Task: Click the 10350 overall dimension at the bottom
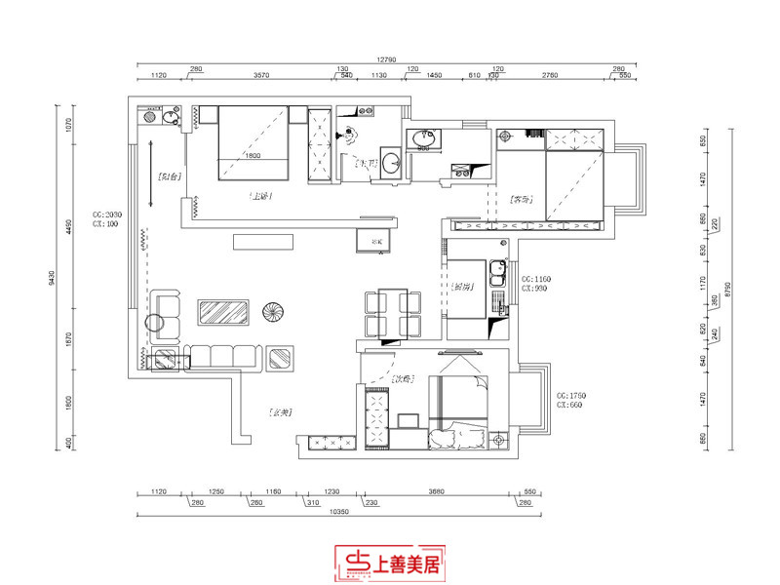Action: (x=339, y=510)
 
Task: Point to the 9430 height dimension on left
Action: (x=52, y=279)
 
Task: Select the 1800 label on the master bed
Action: (x=253, y=156)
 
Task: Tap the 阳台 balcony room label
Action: (x=169, y=176)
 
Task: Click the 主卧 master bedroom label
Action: (x=260, y=196)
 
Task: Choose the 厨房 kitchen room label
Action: (x=463, y=287)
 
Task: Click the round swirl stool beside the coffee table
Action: (x=273, y=312)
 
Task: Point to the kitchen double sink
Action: (x=498, y=277)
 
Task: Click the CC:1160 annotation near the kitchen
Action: (x=535, y=279)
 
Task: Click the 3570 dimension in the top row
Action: (x=260, y=74)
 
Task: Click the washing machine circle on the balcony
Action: (x=170, y=118)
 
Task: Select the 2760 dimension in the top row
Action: (x=550, y=74)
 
